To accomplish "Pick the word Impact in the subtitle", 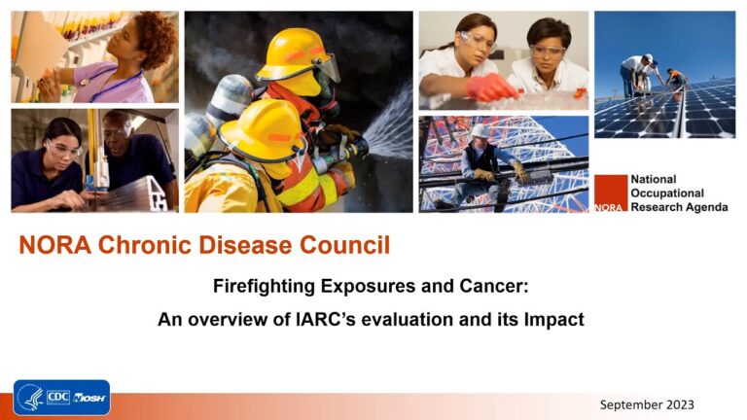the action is [554, 320].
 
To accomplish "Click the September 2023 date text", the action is [647, 404].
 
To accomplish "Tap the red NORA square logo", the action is [611, 192].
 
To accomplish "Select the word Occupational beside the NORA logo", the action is [667, 193].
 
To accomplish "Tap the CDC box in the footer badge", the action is [58, 397].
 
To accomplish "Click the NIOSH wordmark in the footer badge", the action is [89, 398].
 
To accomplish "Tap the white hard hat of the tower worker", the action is [480, 131].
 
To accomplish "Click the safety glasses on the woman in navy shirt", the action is [64, 150].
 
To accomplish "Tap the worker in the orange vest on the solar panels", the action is [676, 78].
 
